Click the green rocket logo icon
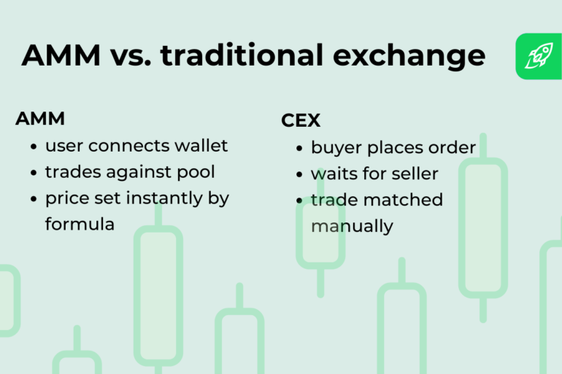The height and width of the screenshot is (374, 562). [x=539, y=56]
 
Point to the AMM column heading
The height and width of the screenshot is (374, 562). [x=40, y=119]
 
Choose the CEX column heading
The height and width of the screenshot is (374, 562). [x=301, y=121]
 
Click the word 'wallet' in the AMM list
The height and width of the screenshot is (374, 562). [x=201, y=146]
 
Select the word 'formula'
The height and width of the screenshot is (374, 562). [x=80, y=225]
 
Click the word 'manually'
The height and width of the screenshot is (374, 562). [x=352, y=227]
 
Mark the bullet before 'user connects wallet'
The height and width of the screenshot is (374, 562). [x=34, y=147]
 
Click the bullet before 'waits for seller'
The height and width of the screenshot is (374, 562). [x=300, y=175]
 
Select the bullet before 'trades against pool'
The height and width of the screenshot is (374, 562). [x=34, y=173]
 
